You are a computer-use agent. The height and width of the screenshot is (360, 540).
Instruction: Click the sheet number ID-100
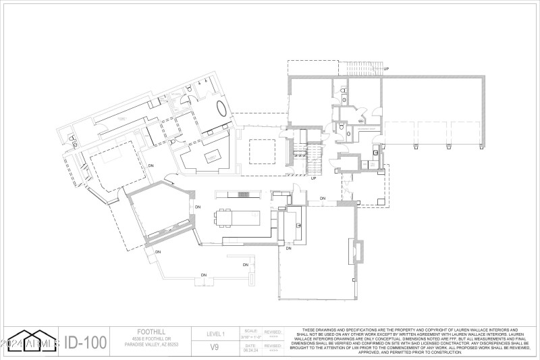(x=85, y=342)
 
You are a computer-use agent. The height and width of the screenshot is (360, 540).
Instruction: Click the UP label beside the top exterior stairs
(x=386, y=69)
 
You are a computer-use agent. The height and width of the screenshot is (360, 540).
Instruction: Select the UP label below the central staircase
(x=314, y=178)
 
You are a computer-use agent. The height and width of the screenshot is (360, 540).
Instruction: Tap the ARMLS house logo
(x=30, y=341)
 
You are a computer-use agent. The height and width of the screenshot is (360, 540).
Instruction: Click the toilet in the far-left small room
(x=73, y=140)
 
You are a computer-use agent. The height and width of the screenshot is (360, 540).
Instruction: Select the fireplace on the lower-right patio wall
(x=356, y=252)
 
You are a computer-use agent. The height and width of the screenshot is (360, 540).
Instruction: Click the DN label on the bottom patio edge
(x=203, y=275)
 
